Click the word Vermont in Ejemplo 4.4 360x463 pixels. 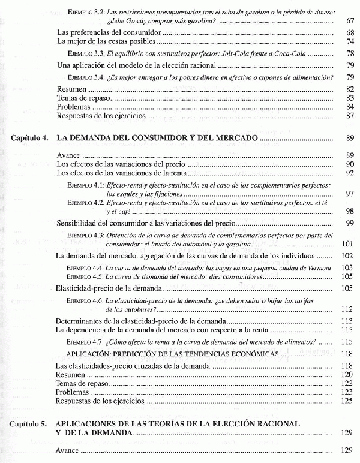[316, 266]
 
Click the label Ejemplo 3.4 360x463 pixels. [86, 77]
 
